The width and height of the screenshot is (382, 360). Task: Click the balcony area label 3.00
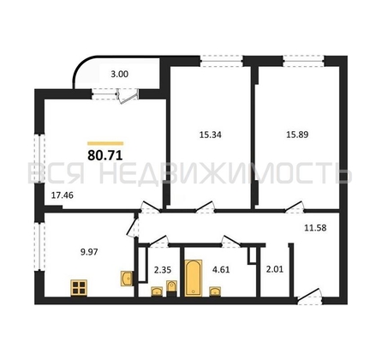pyautogui.click(x=119, y=75)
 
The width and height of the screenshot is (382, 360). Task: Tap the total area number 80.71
pyautogui.click(x=105, y=156)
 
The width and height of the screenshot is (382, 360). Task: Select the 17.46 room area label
pyautogui.click(x=63, y=195)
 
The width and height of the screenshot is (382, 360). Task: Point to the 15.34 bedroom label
pyautogui.click(x=211, y=135)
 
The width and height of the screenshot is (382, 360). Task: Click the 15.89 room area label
pyautogui.click(x=297, y=135)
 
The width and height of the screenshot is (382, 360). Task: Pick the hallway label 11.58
pyautogui.click(x=315, y=228)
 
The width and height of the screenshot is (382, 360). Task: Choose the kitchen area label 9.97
pyautogui.click(x=89, y=252)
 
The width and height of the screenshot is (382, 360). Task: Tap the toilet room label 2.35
pyautogui.click(x=163, y=270)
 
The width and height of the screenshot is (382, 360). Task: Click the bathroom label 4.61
pyautogui.click(x=221, y=270)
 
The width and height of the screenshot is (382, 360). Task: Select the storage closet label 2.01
pyautogui.click(x=275, y=269)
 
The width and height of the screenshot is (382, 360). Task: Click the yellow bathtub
pyautogui.click(x=194, y=278)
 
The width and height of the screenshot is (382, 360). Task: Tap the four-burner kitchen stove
pyautogui.click(x=79, y=288)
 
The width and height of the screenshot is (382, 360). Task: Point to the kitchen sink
pyautogui.click(x=127, y=278)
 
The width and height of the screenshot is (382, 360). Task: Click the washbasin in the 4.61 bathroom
pyautogui.click(x=215, y=291)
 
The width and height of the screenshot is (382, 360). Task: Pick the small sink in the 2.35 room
pyautogui.click(x=157, y=291)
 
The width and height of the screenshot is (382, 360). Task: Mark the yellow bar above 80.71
pyautogui.click(x=105, y=143)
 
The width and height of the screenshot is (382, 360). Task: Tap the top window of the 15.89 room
pyautogui.click(x=303, y=61)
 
